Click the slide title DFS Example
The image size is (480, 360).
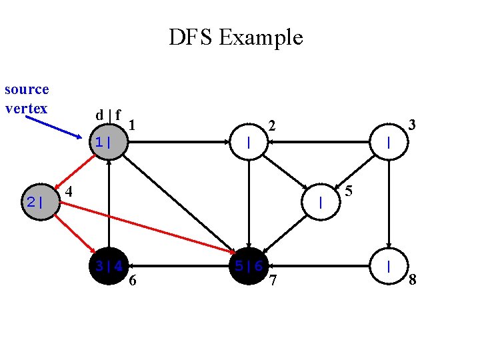pos(235,37)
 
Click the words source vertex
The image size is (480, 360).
pos(27,99)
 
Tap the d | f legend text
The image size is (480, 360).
pos(107,115)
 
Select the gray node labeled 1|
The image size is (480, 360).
pos(108,142)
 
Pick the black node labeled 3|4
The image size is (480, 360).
pos(109,266)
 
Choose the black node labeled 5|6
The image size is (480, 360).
pos(249,266)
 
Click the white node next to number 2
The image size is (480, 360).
pos(249,142)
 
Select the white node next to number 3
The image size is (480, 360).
pos(389,142)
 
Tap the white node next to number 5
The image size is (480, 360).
pos(321,201)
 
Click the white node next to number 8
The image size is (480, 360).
pos(389,266)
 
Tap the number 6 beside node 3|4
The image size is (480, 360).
pos(133,281)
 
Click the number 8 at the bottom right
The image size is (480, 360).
pos(413,279)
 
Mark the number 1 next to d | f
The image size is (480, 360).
pos(133,125)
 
